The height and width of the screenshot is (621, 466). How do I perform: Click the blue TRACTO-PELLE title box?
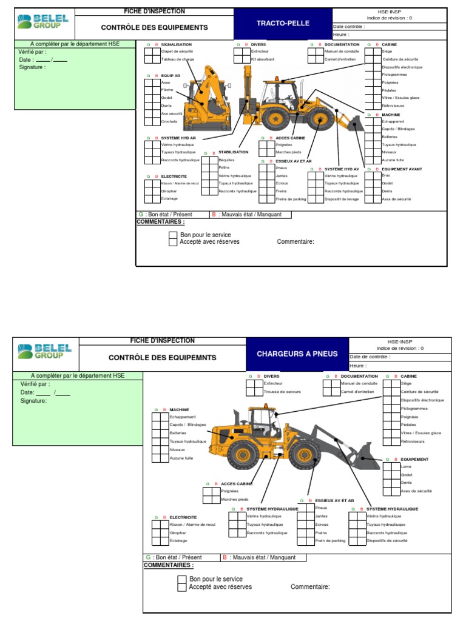282,24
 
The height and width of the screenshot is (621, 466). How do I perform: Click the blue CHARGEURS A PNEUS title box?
297,354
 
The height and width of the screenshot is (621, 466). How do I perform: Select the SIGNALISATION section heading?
176,44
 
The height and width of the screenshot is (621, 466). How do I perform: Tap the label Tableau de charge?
177,59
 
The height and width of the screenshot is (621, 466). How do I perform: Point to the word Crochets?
169,121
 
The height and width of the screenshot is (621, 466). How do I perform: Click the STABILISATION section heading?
233,152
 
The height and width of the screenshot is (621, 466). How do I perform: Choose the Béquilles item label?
226,160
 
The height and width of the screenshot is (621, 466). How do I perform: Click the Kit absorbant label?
263,59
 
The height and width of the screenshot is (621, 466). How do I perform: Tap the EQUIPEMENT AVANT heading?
402,169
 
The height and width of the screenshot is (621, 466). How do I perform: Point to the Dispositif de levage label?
342,199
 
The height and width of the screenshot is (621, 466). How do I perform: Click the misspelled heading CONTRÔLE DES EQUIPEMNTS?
162,358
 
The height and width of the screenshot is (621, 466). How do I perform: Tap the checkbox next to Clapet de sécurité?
148,52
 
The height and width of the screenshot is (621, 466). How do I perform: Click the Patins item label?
224,167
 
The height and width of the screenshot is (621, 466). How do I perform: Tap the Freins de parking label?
291,199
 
